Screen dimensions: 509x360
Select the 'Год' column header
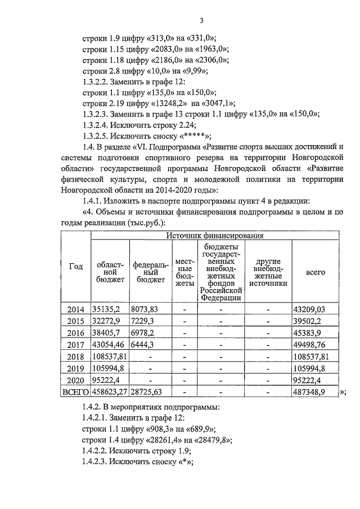coord(75,267)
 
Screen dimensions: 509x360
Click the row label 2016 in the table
coord(75,333)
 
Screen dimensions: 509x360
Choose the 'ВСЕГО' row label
coord(75,393)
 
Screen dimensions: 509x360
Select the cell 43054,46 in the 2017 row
coord(109,345)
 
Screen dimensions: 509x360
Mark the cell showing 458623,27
coord(110,393)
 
